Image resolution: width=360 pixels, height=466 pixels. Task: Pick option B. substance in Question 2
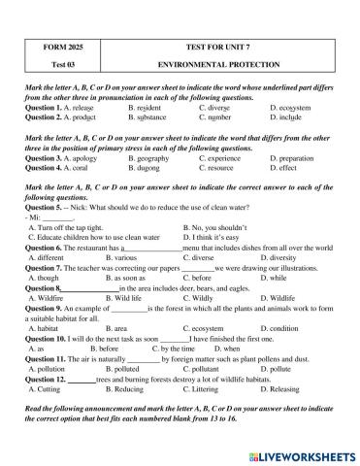coord(151,116)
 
